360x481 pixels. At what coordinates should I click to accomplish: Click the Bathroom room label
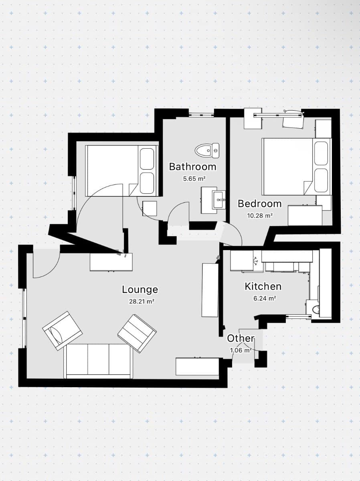point(192,166)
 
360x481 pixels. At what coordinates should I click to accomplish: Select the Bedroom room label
point(259,204)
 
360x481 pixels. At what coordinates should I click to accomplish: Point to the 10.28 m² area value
point(259,215)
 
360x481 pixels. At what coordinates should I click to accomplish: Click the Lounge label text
point(140,289)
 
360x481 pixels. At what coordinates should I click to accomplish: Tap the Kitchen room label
point(263,286)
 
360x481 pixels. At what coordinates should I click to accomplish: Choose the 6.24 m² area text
point(263,298)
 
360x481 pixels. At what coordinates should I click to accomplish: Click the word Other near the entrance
point(241,338)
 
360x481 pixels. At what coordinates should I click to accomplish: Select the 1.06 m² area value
point(241,350)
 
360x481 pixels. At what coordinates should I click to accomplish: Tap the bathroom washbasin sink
point(219,198)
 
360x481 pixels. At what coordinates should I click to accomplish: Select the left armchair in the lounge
point(62,330)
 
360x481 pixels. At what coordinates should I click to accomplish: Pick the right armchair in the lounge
point(137,333)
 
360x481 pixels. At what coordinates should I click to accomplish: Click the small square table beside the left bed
point(150,208)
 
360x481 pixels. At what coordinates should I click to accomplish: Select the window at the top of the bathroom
point(201,114)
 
